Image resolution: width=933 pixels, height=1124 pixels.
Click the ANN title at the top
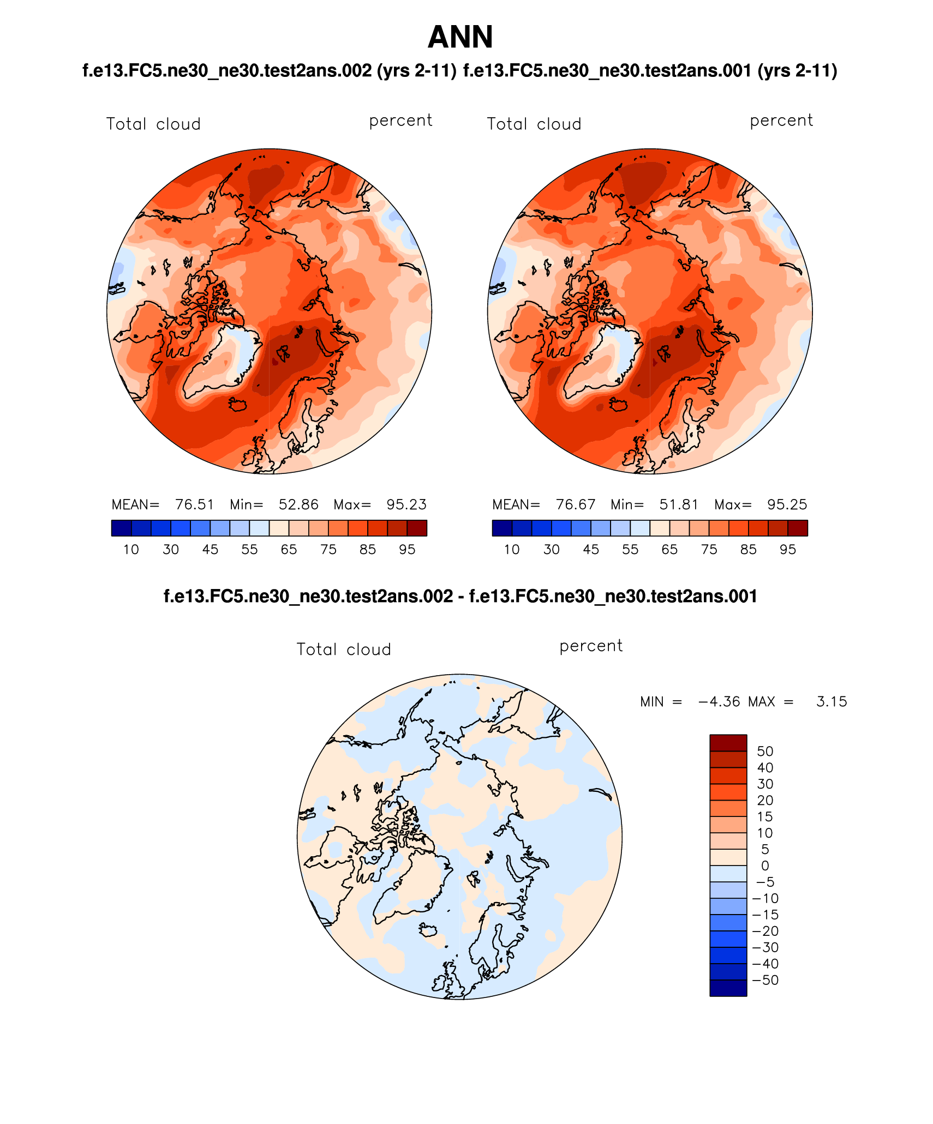pyautogui.click(x=460, y=37)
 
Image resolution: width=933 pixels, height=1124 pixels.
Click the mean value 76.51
pyautogui.click(x=194, y=504)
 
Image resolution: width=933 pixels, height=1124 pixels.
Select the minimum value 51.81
pyautogui.click(x=679, y=504)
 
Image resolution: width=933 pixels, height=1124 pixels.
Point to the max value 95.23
pyautogui.click(x=406, y=504)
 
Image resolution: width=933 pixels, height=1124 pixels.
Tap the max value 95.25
pyautogui.click(x=787, y=504)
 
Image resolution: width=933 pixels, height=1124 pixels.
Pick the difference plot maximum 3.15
pyautogui.click(x=832, y=701)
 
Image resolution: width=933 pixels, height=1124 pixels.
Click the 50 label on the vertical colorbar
pyautogui.click(x=765, y=751)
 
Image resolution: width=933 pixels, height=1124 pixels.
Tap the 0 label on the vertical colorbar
pyautogui.click(x=765, y=865)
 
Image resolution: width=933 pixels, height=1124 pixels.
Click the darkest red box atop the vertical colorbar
pyautogui.click(x=728, y=743)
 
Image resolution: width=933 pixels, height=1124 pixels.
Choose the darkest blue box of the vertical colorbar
pyautogui.click(x=728, y=988)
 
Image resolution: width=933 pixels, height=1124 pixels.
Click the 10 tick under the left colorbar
pyautogui.click(x=131, y=549)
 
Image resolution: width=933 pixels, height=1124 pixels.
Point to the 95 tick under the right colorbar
pyautogui.click(x=788, y=549)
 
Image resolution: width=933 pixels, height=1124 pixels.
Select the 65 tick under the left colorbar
pyautogui.click(x=289, y=549)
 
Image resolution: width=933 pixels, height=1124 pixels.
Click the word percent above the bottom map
pyautogui.click(x=591, y=646)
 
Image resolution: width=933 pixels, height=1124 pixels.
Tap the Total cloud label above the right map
pyautogui.click(x=534, y=124)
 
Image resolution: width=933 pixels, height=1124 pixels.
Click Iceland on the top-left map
pyautogui.click(x=238, y=405)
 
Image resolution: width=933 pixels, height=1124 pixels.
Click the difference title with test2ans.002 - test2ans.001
pyautogui.click(x=460, y=596)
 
